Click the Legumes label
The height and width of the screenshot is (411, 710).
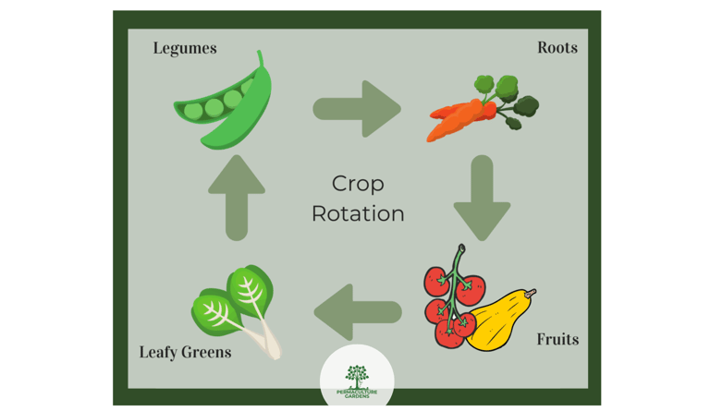[x=185, y=48]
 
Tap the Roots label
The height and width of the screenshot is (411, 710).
[x=557, y=48]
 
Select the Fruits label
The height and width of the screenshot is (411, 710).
[x=557, y=339]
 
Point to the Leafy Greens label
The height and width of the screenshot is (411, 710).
[x=185, y=352]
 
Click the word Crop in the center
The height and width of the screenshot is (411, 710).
[x=358, y=184]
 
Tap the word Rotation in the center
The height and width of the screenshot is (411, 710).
[x=358, y=213]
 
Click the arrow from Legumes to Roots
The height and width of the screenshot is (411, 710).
[x=357, y=109]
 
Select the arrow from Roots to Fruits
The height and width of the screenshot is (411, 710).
[x=482, y=197]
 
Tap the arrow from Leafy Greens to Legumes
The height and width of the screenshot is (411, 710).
[x=237, y=197]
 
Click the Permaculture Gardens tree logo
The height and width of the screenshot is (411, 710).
[x=357, y=375]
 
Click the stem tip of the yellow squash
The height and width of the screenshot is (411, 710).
[x=532, y=293]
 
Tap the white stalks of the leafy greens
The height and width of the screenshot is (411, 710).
[x=267, y=343]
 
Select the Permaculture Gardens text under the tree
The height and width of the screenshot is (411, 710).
[x=357, y=393]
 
